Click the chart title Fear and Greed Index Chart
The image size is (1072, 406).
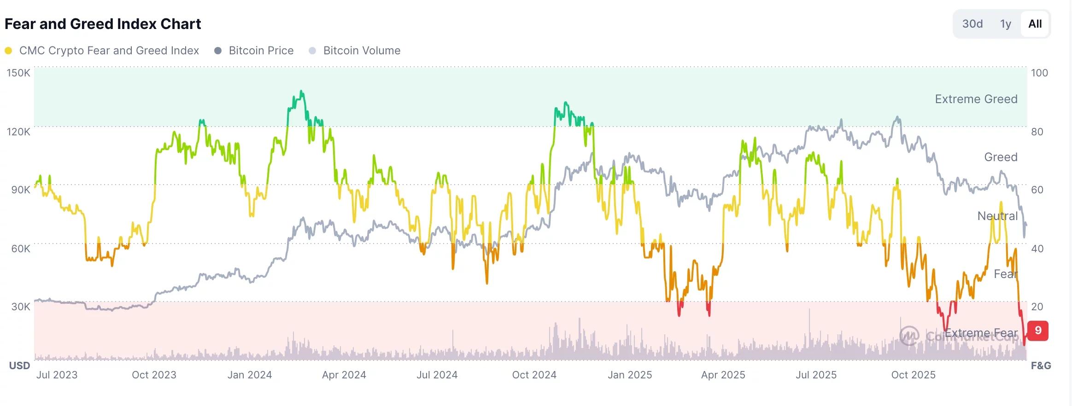(103, 24)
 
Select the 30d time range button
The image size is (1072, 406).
(972, 24)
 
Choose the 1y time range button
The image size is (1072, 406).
(1005, 24)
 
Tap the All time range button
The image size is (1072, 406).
(1035, 24)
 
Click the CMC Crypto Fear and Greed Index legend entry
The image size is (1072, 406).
(109, 51)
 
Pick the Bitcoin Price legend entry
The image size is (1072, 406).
(261, 51)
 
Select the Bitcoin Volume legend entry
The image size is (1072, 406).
(362, 51)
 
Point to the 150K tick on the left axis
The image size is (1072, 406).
(18, 73)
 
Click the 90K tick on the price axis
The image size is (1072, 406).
(21, 190)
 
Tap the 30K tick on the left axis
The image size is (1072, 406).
(21, 307)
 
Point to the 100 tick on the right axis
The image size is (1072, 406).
(1039, 73)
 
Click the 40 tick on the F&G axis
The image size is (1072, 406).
(1037, 249)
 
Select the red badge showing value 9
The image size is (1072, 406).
(1038, 331)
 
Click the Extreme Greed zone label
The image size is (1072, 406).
(976, 99)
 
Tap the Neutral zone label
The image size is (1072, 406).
(997, 216)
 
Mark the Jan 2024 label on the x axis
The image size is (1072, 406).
(250, 375)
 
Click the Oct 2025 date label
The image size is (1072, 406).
(913, 375)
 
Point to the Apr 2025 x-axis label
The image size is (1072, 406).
(723, 375)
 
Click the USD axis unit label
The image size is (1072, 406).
(19, 365)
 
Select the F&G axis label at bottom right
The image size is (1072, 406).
(1041, 365)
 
